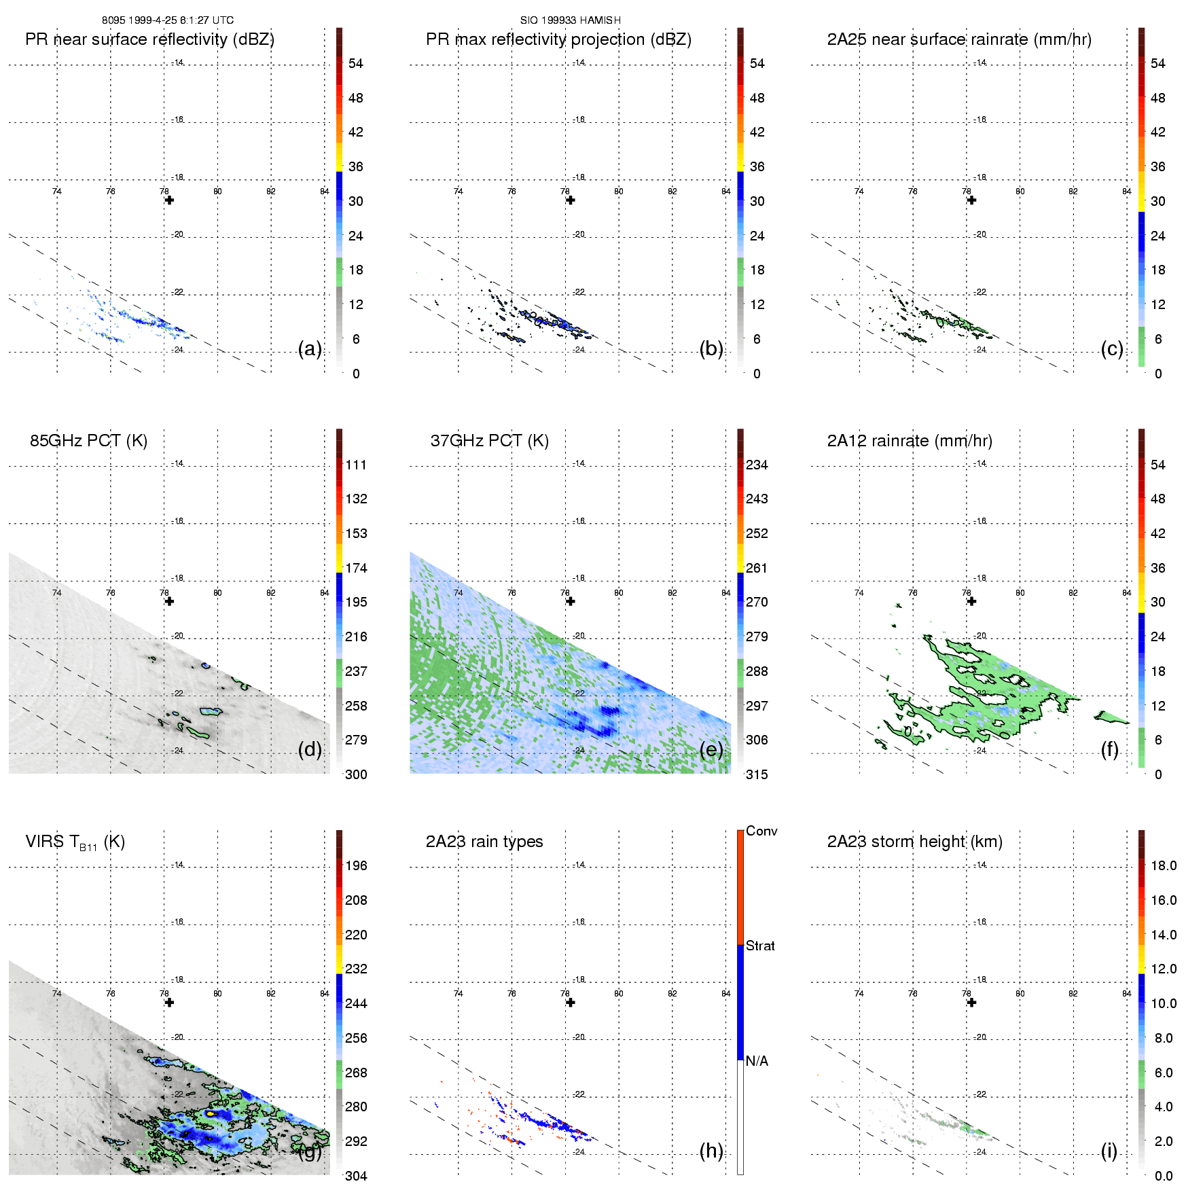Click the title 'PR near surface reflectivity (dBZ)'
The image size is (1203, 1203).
pyautogui.click(x=149, y=39)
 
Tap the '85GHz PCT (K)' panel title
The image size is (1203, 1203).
pyautogui.click(x=88, y=441)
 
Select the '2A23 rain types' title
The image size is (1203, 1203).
pyautogui.click(x=484, y=842)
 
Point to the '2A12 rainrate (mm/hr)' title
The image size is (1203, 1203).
pyautogui.click(x=910, y=441)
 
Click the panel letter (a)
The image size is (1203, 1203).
pyautogui.click(x=310, y=348)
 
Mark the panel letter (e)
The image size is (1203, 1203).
pyautogui.click(x=711, y=749)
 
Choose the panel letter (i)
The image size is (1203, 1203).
pyautogui.click(x=1109, y=1151)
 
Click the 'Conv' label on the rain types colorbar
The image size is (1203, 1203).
pyautogui.click(x=761, y=831)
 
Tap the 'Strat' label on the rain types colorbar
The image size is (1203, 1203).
pyautogui.click(x=760, y=946)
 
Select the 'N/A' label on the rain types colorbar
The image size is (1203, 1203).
pyautogui.click(x=757, y=1061)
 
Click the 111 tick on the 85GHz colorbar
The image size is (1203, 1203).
pyautogui.click(x=356, y=465)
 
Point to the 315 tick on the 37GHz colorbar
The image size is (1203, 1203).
pyautogui.click(x=757, y=774)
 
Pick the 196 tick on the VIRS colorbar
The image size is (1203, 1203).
pyautogui.click(x=356, y=865)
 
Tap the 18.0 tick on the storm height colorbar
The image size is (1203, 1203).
pyautogui.click(x=1164, y=865)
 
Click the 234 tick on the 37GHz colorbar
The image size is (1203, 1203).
pyautogui.click(x=757, y=465)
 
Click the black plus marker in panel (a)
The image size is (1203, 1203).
pyautogui.click(x=169, y=200)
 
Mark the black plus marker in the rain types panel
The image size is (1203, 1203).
pyautogui.click(x=571, y=1003)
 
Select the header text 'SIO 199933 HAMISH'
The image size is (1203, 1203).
pyautogui.click(x=571, y=20)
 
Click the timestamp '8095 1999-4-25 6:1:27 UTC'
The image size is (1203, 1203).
pyautogui.click(x=168, y=20)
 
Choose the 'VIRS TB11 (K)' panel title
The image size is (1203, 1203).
pyautogui.click(x=75, y=842)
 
